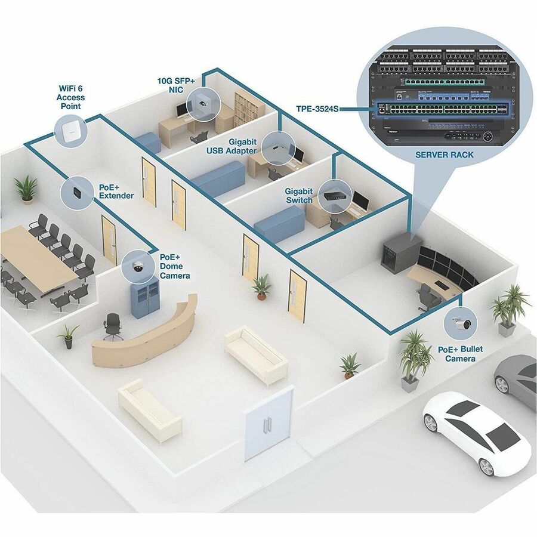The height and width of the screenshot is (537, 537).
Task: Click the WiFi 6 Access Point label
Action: click(70, 97)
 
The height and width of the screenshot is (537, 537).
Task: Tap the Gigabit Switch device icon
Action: click(332, 194)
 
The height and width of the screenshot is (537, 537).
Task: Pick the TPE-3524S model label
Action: click(317, 109)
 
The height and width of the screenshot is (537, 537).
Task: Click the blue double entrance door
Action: click(270, 422)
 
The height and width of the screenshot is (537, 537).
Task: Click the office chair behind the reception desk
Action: click(112, 326)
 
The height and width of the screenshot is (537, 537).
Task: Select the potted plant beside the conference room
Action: click(26, 187)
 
